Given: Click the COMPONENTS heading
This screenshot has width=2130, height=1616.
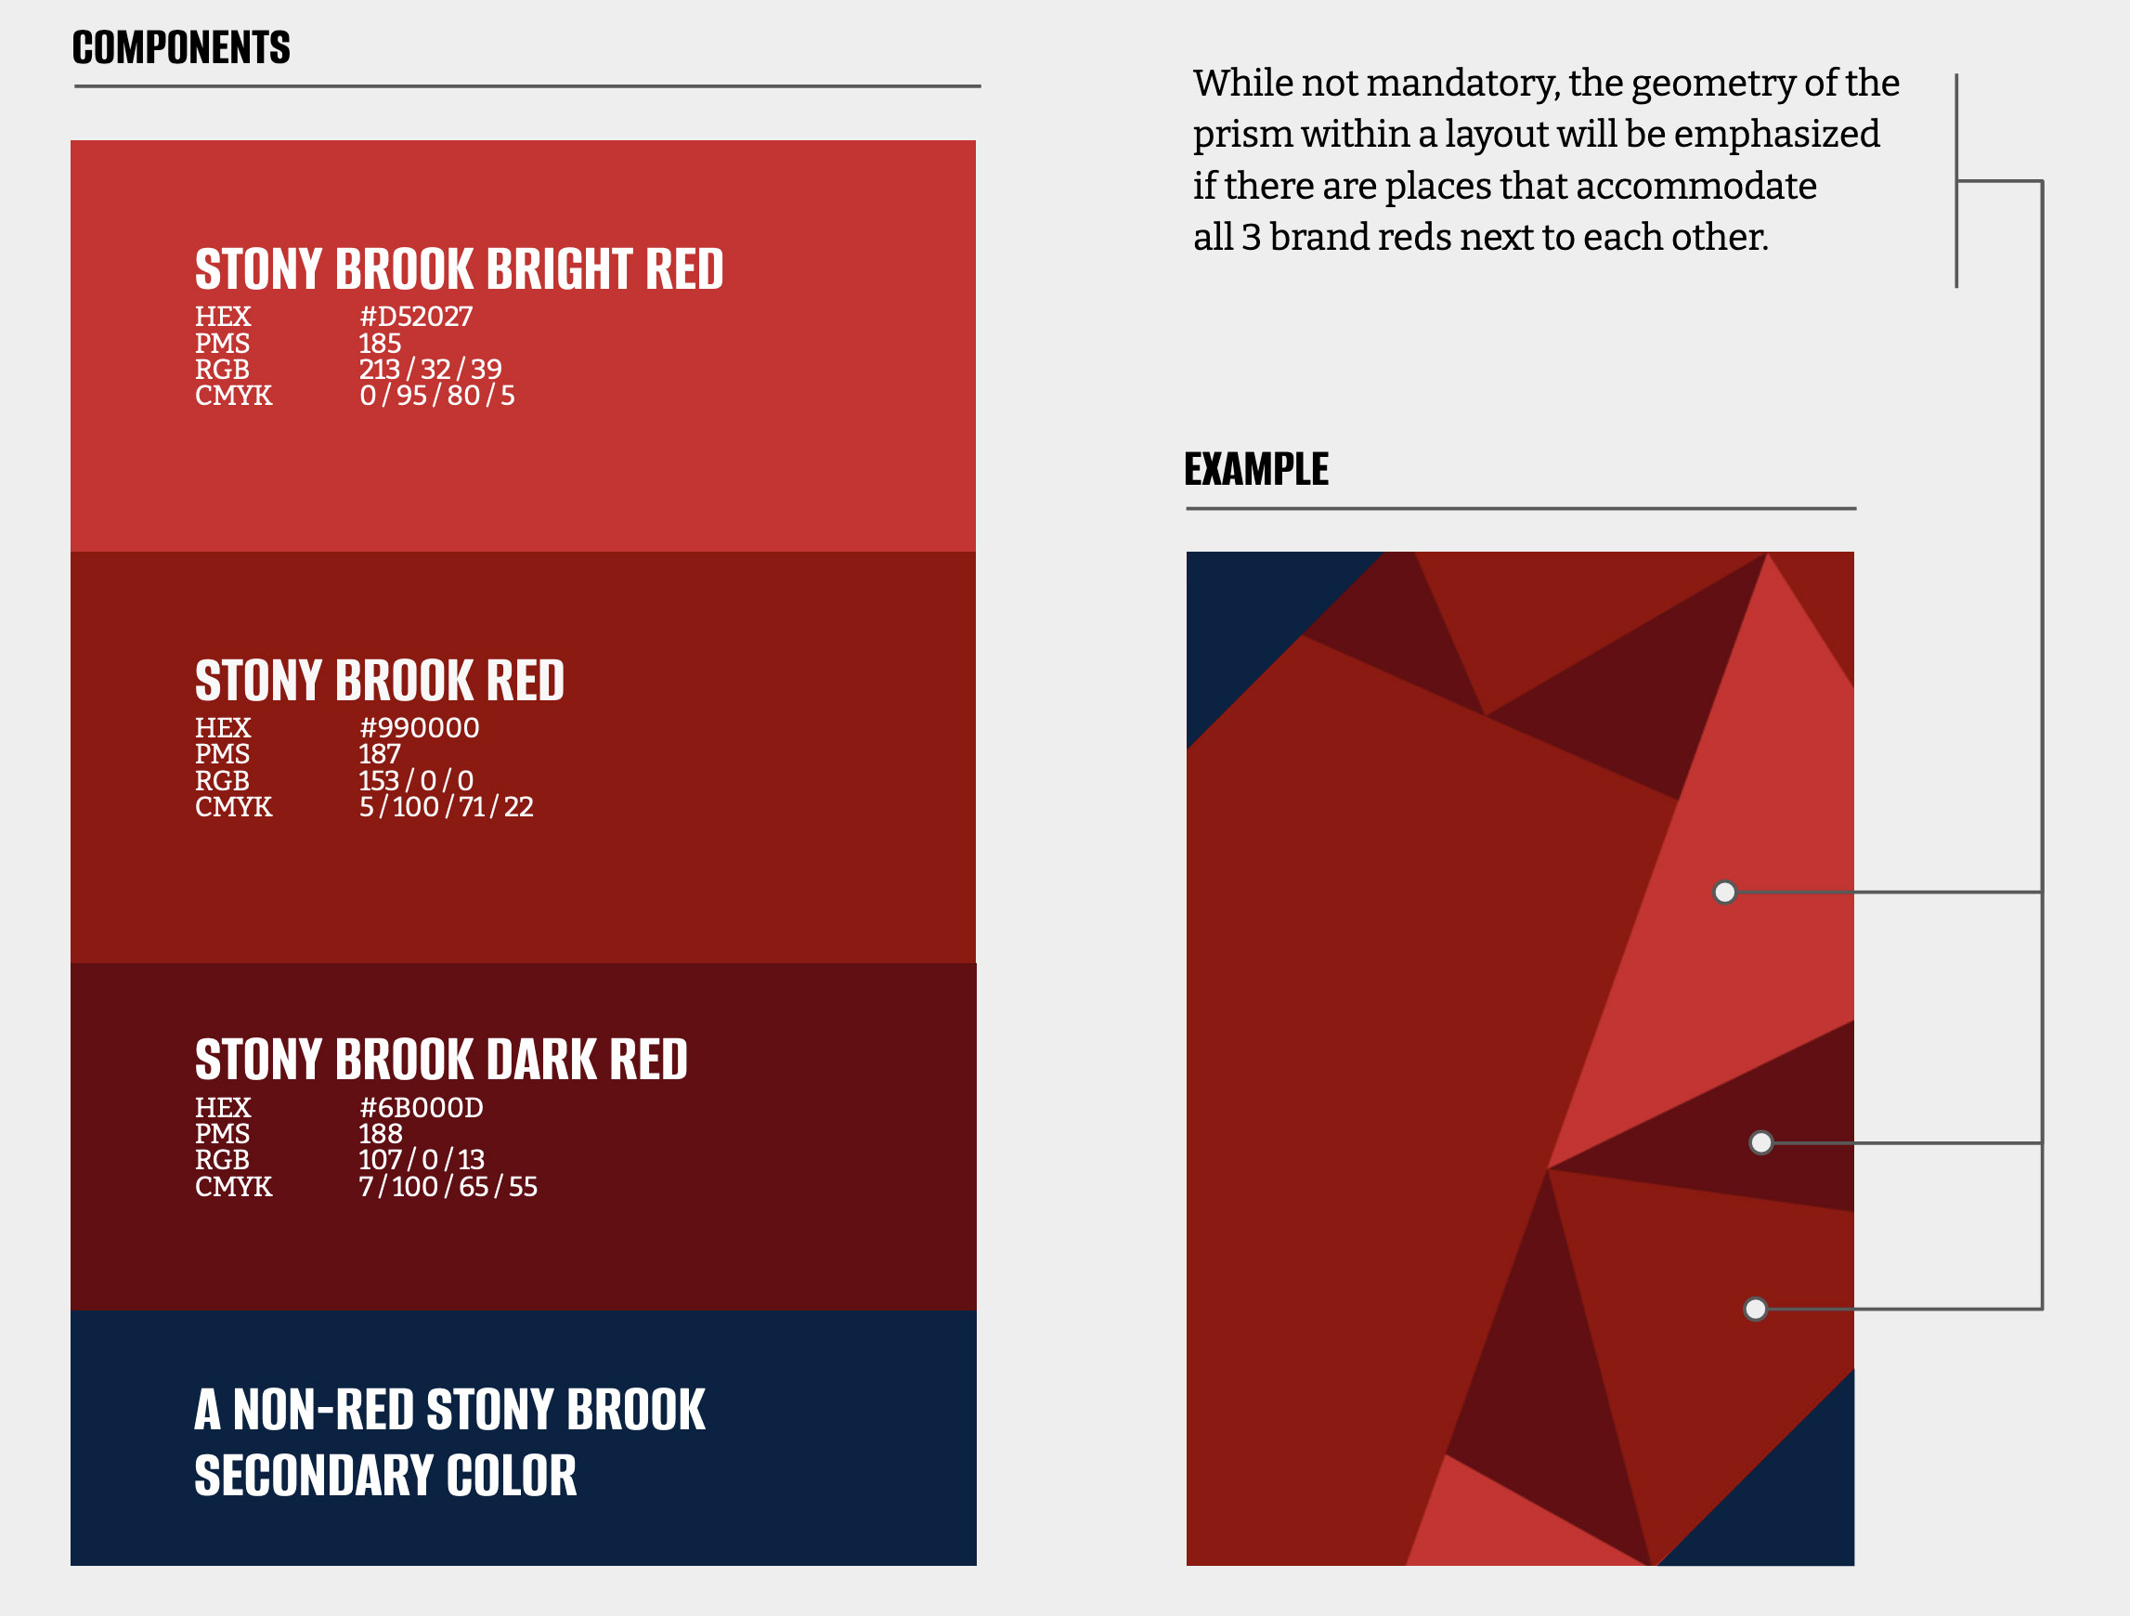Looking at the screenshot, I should pos(181,47).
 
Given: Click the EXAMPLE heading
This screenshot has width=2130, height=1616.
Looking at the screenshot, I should pos(1255,469).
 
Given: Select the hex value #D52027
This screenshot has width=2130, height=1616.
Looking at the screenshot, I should pos(416,317).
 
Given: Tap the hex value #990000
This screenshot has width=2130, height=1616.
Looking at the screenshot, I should pos(419,728).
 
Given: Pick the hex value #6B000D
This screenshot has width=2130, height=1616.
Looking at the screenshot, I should pos(421,1107).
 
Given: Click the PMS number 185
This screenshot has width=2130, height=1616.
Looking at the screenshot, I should pos(380,344).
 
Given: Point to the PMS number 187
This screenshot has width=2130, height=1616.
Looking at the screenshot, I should pos(380,754).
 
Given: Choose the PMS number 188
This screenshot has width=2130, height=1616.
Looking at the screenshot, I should pos(381,1133).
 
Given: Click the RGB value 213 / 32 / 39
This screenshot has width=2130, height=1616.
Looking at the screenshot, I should pos(431,369).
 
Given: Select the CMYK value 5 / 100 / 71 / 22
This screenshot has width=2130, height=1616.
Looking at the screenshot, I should pos(446,807).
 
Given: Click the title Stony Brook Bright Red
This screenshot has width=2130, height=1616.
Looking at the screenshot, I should pos(459,269).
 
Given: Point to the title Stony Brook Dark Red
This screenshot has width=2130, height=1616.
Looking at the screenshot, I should pos(441,1060).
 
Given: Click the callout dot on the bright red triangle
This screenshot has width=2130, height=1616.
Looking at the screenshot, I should pos(1724,893).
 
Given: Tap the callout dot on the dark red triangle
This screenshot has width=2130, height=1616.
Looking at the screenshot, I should pos(1761,1143).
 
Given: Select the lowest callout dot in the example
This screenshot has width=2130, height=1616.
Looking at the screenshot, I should pos(1756,1309).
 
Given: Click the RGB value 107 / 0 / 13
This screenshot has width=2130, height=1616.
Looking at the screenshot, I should pos(422,1159).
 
